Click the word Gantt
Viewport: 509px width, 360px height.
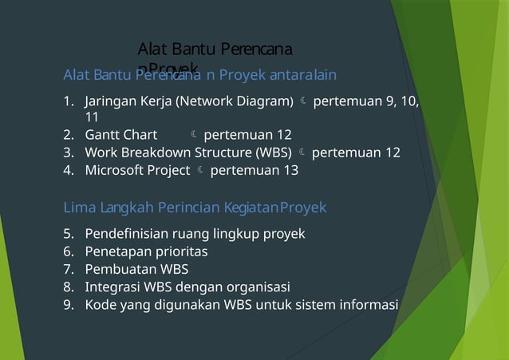[x=101, y=135]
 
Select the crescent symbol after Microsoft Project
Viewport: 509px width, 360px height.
[x=199, y=170]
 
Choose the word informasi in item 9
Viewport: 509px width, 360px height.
[x=370, y=304]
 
